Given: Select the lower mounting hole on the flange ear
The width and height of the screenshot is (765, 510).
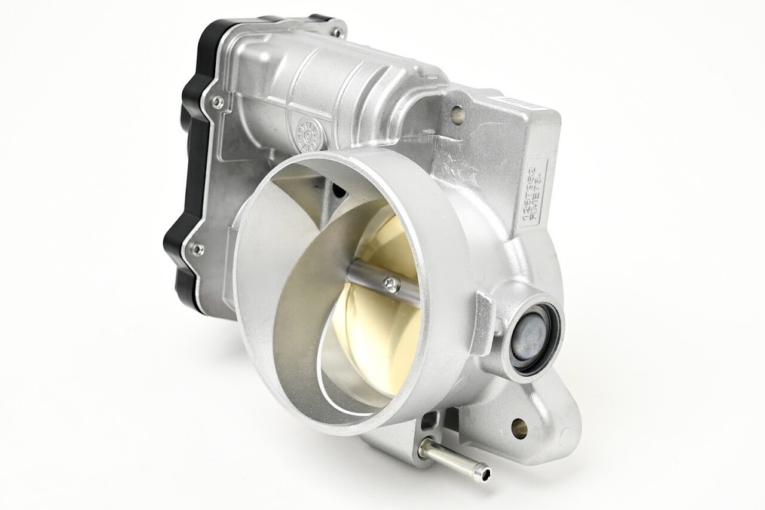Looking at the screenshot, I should pyautogui.click(x=518, y=426).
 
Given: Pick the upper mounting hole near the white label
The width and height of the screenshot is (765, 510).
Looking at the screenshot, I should pyautogui.click(x=457, y=110).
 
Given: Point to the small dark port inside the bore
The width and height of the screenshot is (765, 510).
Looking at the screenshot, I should pyautogui.click(x=339, y=191).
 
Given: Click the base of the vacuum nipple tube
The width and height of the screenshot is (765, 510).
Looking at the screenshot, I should pyautogui.click(x=432, y=447).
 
